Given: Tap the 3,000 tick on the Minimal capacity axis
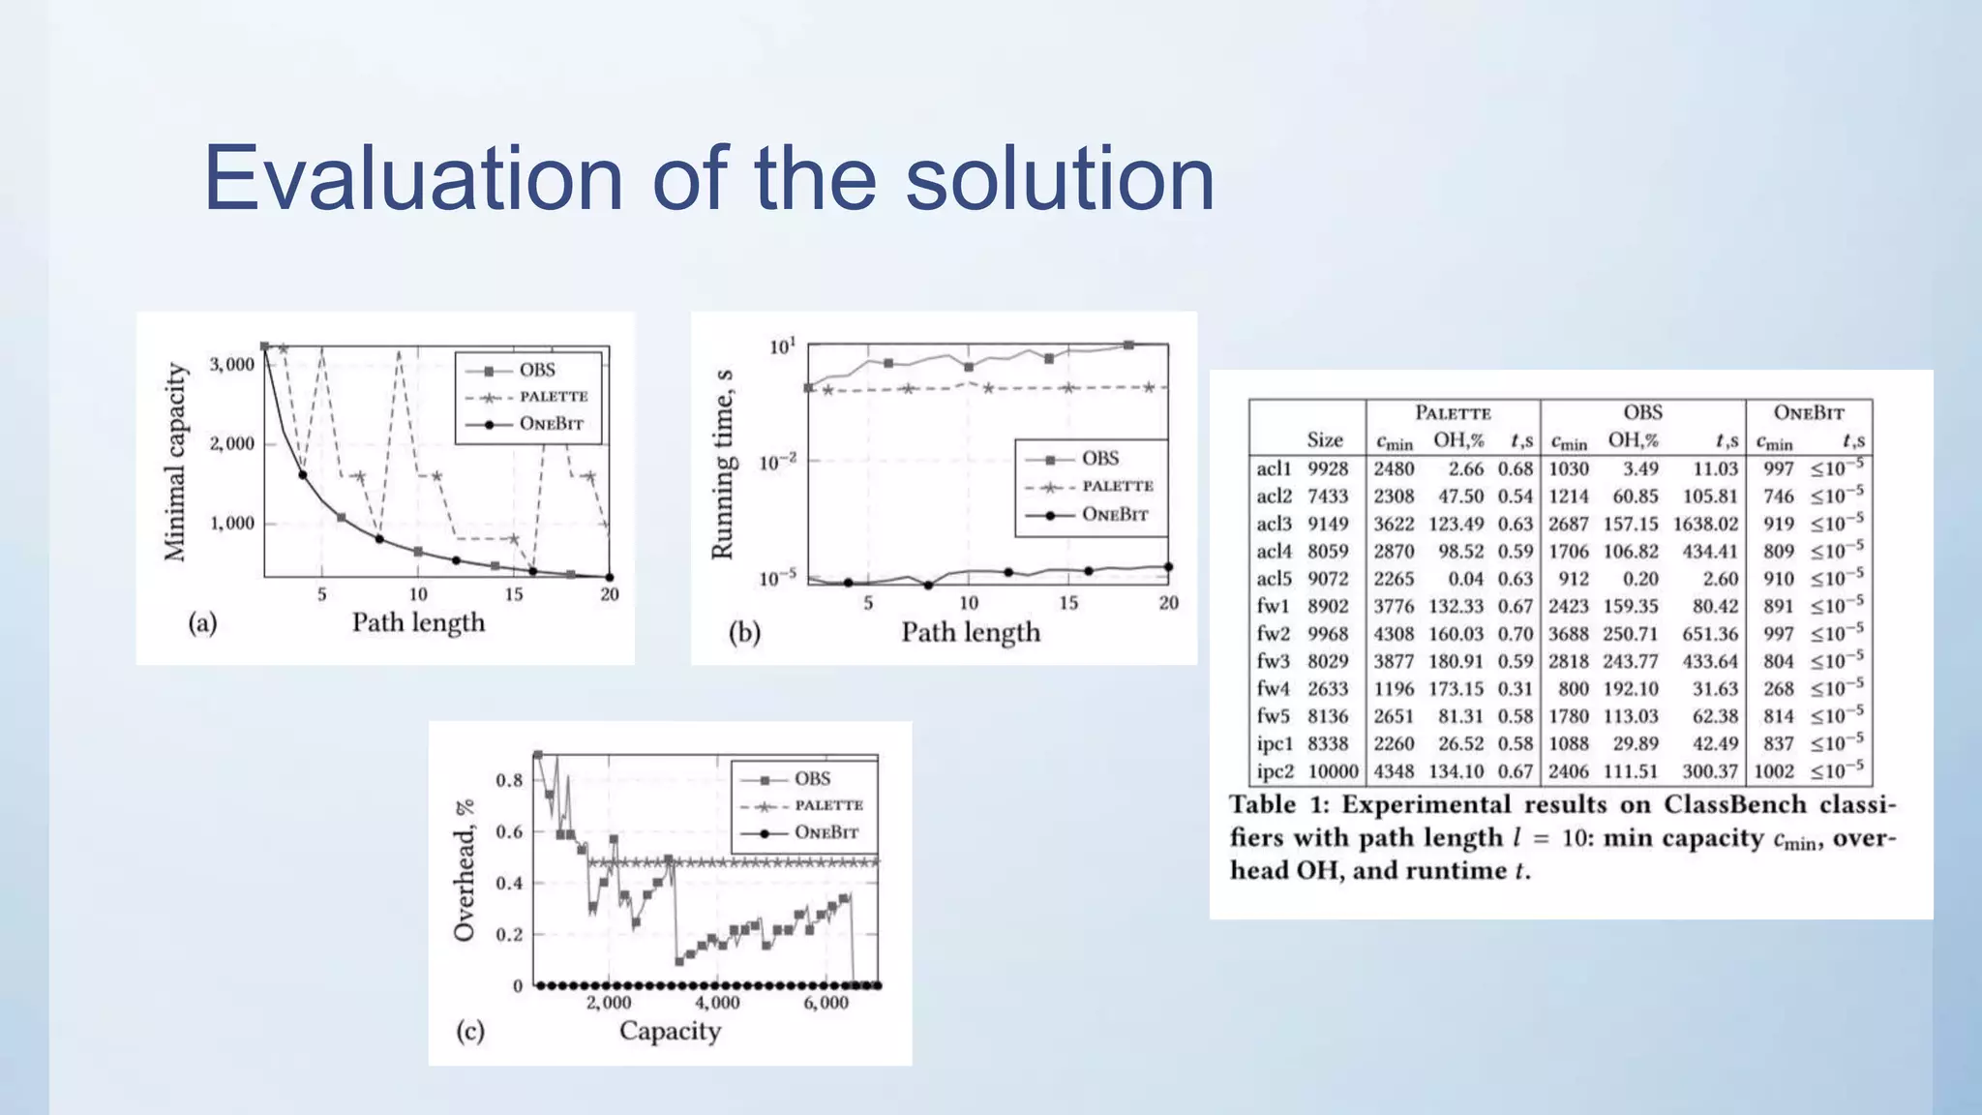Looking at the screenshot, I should (232, 365).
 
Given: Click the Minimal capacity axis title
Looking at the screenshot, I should (174, 462).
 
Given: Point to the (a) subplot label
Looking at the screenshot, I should (202, 622).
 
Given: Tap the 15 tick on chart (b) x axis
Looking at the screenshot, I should (1068, 603).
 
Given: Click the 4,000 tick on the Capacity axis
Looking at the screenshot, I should (717, 1003).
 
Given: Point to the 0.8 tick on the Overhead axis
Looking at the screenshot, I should (509, 780).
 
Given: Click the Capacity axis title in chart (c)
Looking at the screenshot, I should (670, 1031).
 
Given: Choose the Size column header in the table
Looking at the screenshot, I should (1325, 440).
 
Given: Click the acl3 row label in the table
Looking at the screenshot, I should (1274, 524).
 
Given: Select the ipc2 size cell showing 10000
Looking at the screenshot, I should (1333, 771).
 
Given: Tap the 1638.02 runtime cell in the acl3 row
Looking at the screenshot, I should (1705, 524).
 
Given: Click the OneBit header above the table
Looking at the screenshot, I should (1808, 413).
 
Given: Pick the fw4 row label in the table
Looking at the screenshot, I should (1273, 689).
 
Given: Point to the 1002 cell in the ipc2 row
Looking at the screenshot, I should (1774, 771).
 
